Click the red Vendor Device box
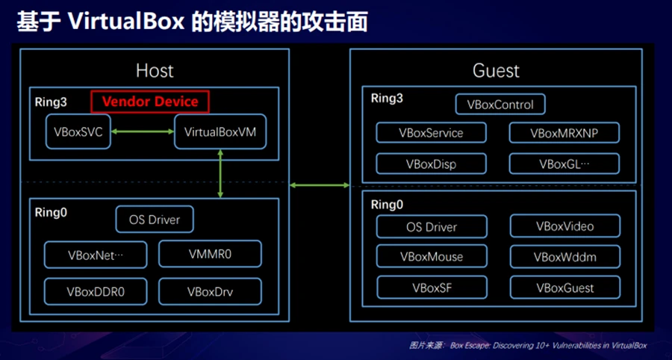point(150,102)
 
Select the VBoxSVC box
point(78,131)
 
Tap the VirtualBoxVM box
point(220,131)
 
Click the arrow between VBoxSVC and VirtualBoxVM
point(143,131)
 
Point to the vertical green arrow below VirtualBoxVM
point(220,173)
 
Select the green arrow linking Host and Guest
point(320,185)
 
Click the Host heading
point(155,71)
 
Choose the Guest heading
point(496,71)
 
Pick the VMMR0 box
point(210,254)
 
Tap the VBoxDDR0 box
point(96,291)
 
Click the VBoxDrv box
point(210,291)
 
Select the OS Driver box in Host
point(155,220)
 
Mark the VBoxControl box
point(500,105)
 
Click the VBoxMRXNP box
point(564,133)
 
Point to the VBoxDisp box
point(431,164)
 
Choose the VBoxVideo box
point(565,226)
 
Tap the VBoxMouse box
point(432,256)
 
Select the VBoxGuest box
point(565,287)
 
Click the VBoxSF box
point(432,287)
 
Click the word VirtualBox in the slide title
point(126,22)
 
